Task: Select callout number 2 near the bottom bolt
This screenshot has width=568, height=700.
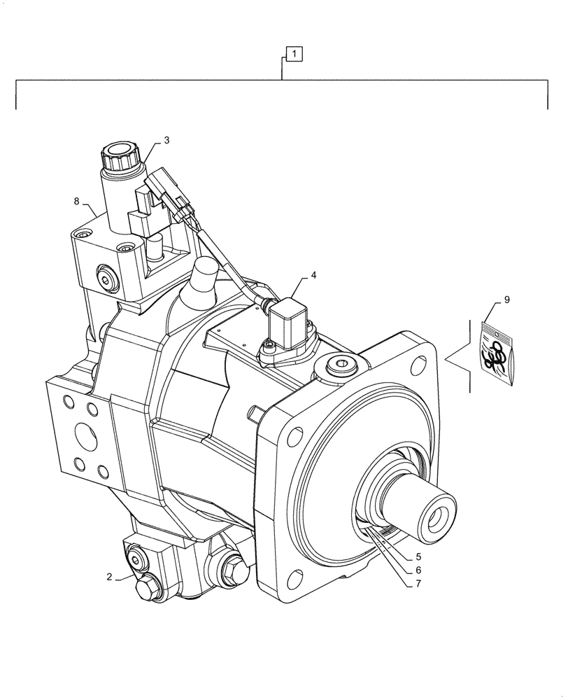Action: tap(110, 577)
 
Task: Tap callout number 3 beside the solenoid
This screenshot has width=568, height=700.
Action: tap(166, 140)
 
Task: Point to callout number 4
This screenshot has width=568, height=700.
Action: tap(313, 275)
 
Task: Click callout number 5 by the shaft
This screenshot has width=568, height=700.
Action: tap(417, 557)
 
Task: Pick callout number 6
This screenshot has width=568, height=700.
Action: tap(417, 570)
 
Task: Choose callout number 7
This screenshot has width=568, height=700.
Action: tap(417, 584)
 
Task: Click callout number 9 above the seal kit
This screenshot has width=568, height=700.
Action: tap(506, 300)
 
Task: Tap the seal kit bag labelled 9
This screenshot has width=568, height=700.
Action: tap(497, 353)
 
